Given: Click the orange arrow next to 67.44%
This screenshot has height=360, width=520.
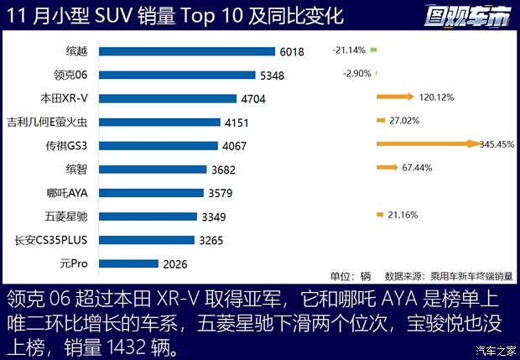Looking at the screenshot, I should pyautogui.click(x=387, y=168).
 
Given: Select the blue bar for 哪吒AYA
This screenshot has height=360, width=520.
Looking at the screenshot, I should pyautogui.click(x=151, y=192).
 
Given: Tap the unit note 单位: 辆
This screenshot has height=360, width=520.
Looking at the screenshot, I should pyautogui.click(x=350, y=275).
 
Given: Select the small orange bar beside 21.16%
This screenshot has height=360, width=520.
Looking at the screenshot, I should pyautogui.click(x=380, y=215).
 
